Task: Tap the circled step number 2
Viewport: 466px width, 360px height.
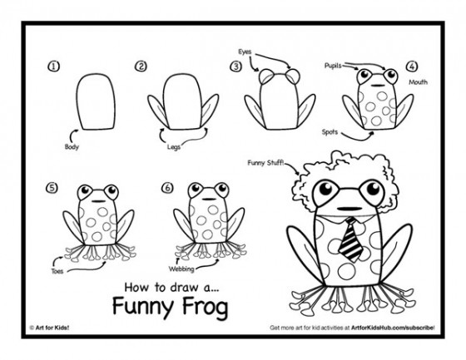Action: pyautogui.click(x=141, y=67)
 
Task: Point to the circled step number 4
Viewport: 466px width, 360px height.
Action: pyautogui.click(x=412, y=67)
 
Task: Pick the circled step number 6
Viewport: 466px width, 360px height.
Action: pyautogui.click(x=168, y=187)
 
